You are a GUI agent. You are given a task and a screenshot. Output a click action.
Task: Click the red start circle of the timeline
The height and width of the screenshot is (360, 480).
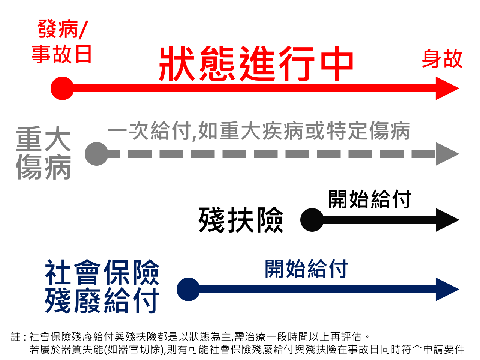click(x=62, y=88)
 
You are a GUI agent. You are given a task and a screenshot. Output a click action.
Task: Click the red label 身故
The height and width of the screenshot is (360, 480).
click(x=442, y=59)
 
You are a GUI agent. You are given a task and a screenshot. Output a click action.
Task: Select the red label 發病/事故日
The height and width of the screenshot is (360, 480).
click(x=62, y=42)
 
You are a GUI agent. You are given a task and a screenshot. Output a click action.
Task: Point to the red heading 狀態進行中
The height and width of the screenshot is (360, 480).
click(x=256, y=64)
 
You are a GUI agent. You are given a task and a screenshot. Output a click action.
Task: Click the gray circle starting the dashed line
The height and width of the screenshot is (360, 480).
click(x=96, y=154)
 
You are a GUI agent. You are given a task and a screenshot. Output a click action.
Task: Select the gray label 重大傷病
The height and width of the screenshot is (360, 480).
click(x=43, y=153)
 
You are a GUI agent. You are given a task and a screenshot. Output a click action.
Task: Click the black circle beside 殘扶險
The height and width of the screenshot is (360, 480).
click(x=312, y=220)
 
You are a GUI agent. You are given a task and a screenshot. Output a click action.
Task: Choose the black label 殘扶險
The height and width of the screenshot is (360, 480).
click(x=241, y=220)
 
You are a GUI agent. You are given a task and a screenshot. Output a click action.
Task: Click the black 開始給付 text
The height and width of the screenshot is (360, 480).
click(x=369, y=199)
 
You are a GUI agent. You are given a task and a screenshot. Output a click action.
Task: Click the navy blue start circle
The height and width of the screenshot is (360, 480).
click(x=188, y=289)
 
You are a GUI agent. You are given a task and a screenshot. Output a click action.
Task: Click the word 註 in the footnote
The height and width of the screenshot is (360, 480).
click(x=16, y=337)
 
